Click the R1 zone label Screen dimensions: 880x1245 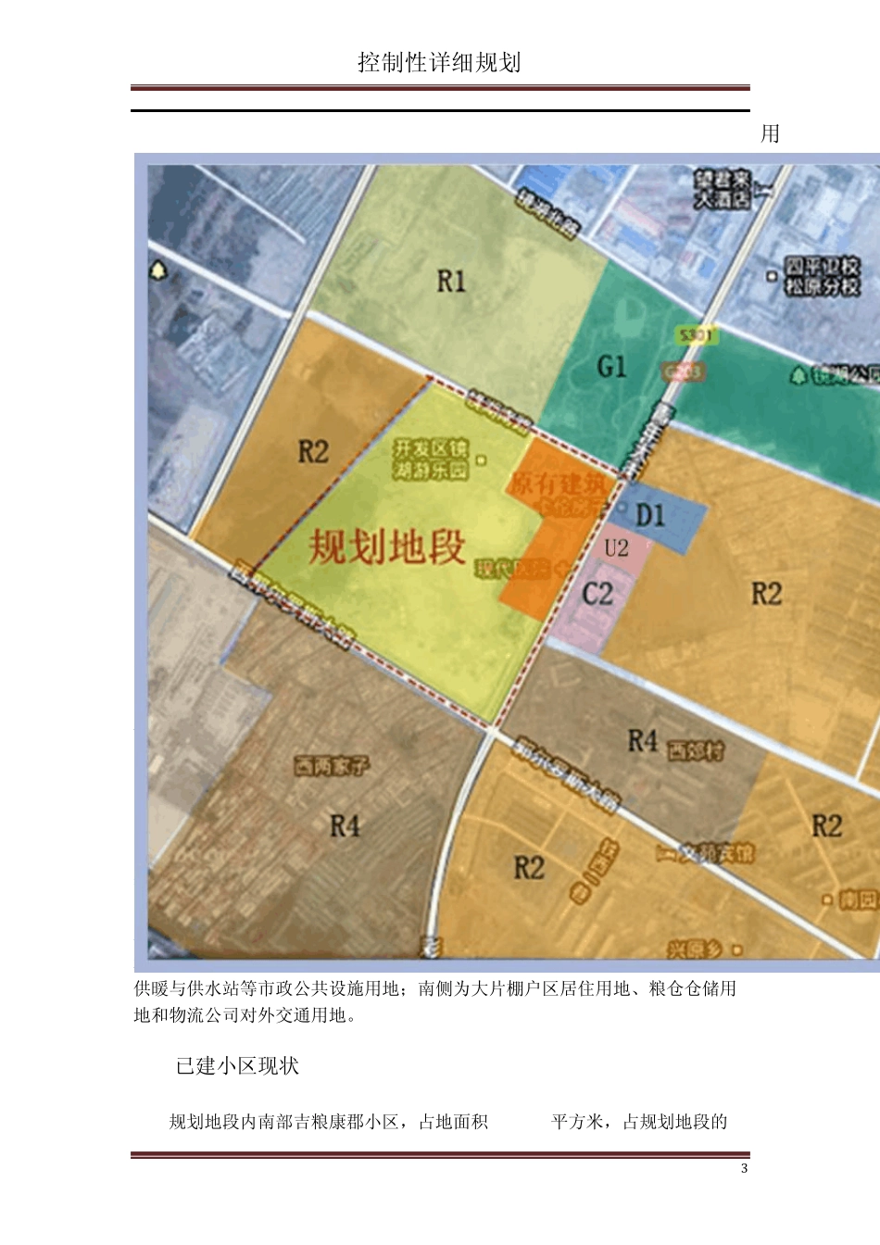click(451, 282)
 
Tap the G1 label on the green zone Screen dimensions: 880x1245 click(611, 367)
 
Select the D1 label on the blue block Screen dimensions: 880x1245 click(650, 515)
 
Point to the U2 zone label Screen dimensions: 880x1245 click(616, 548)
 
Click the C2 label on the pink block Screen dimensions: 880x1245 click(597, 594)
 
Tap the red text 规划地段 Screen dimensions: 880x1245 click(387, 547)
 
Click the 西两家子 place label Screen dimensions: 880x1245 click(332, 766)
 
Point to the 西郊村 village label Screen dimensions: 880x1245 click(696, 749)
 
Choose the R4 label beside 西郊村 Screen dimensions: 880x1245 click(643, 741)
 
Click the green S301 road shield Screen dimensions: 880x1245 click(696, 335)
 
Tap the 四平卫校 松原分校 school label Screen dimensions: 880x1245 click(823, 276)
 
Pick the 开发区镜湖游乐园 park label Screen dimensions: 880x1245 click(431, 459)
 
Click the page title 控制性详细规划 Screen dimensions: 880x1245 click(439, 62)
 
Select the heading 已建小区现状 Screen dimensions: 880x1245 click(237, 1066)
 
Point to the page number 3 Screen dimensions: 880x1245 click(744, 1169)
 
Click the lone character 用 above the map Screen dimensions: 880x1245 click(770, 133)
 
